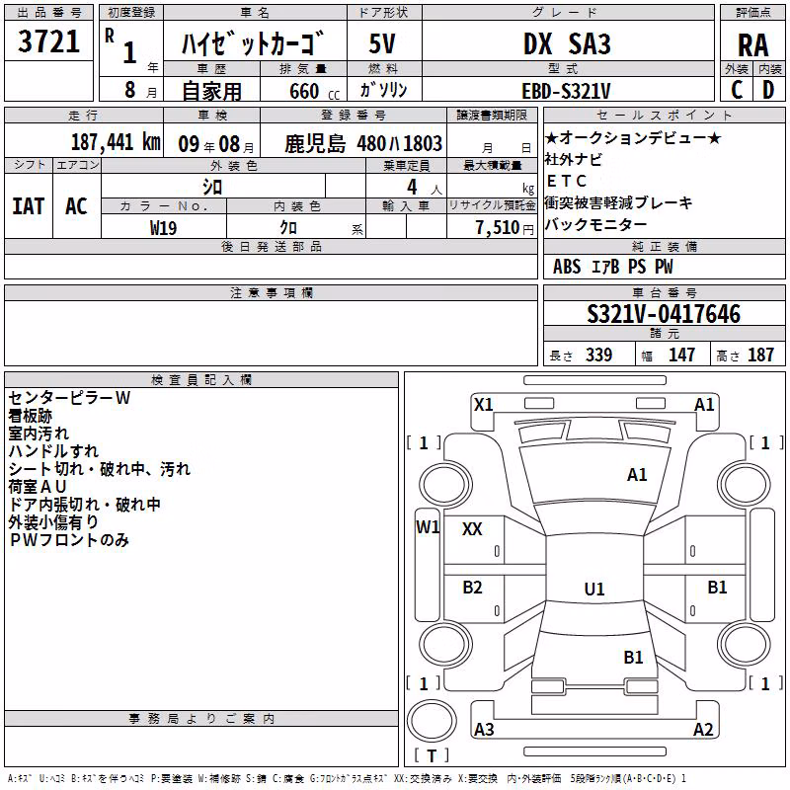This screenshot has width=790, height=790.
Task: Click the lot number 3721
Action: tap(48, 41)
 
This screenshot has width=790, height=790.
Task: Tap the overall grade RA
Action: tap(752, 45)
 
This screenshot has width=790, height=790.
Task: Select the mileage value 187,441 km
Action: tap(116, 142)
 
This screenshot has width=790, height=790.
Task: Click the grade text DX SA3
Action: tap(567, 43)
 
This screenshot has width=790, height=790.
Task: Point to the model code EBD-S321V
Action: tap(566, 91)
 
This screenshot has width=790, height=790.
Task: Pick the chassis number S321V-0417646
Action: tap(664, 314)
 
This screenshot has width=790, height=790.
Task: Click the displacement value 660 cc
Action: tap(314, 91)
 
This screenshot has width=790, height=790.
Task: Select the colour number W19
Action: tap(163, 228)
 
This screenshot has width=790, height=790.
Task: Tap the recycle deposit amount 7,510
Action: tap(498, 228)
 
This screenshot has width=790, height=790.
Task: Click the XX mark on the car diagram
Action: tap(472, 529)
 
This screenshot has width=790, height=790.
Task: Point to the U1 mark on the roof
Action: tap(594, 589)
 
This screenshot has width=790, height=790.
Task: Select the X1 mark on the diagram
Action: tap(483, 405)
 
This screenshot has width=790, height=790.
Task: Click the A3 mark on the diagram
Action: tap(484, 729)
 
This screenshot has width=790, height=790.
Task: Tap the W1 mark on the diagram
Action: tap(428, 527)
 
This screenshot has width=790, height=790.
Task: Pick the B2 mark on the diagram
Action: tap(472, 588)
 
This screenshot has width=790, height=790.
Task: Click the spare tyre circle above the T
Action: tap(432, 721)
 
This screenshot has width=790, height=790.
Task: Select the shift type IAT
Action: tap(29, 206)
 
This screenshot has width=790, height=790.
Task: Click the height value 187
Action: tap(760, 355)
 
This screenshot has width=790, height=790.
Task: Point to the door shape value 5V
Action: tap(382, 43)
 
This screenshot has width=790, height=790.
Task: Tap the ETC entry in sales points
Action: tap(567, 181)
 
